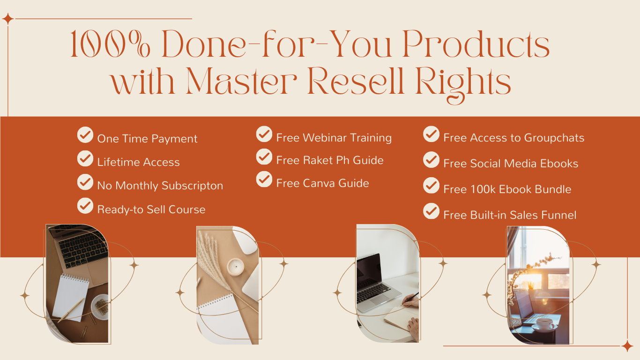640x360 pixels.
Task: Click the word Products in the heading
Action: [x=476, y=44]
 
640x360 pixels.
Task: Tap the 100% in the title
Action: [x=110, y=44]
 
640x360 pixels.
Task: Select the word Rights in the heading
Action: [x=463, y=83]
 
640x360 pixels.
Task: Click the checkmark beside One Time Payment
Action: [x=85, y=135]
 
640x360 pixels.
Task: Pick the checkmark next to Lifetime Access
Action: [x=85, y=158]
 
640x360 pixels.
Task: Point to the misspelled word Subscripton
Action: [x=192, y=186]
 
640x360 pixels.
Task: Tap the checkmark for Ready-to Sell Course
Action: [x=85, y=206]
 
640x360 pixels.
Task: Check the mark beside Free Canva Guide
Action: [x=264, y=179]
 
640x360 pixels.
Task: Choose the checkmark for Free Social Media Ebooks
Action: [x=431, y=159]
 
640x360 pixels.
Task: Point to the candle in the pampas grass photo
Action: [x=236, y=267]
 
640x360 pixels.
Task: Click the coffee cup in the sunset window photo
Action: [x=544, y=324]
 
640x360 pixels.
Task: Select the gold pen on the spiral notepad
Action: [x=71, y=310]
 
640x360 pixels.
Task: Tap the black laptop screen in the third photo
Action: [x=369, y=268]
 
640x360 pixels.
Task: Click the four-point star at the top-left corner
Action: [x=8, y=19]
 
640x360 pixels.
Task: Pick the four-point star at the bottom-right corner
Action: [x=627, y=346]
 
